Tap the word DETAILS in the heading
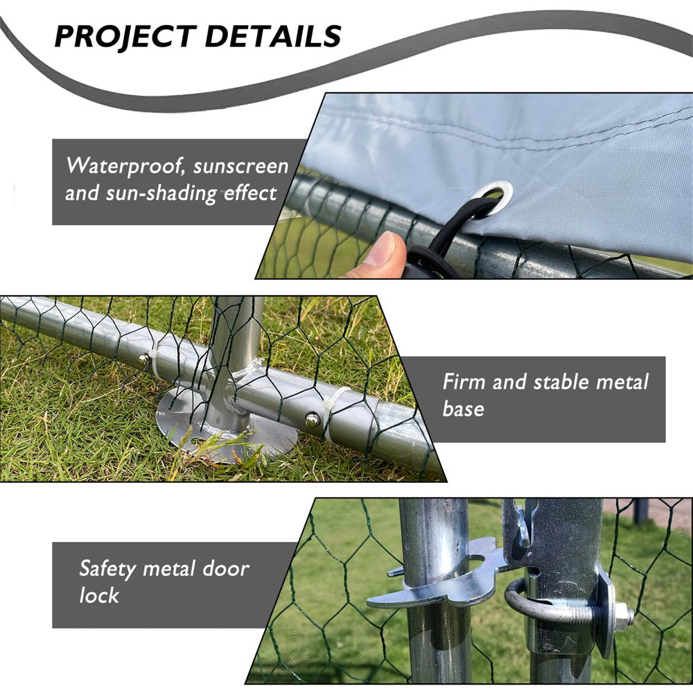[274, 36]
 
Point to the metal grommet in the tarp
[493, 196]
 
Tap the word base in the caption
[464, 409]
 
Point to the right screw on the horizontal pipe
[313, 419]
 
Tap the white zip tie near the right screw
[331, 409]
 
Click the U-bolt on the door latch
[527, 603]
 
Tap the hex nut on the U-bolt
[622, 615]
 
